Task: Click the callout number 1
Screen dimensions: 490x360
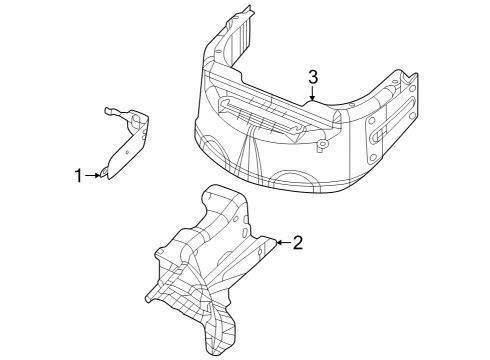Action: coord(78,176)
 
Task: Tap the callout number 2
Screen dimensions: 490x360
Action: coord(297,242)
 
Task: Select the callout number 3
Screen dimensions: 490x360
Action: coord(313,77)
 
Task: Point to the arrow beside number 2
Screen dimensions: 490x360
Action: coord(281,242)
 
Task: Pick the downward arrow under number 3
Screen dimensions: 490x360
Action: coord(313,95)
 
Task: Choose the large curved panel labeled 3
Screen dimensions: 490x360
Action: coord(300,140)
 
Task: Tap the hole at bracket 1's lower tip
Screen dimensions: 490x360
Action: coord(105,176)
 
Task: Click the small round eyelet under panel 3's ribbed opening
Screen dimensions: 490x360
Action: coord(322,147)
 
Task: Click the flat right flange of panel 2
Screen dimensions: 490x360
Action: coord(262,243)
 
